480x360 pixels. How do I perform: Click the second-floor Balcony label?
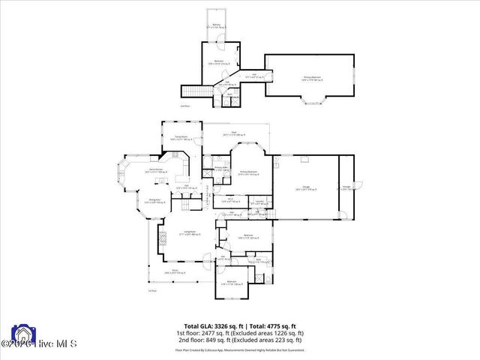pyautogui.click(x=217, y=25)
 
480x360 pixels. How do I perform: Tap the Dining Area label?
pyautogui.click(x=136, y=201)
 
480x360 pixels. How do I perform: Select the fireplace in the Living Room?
pyautogui.click(x=160, y=241)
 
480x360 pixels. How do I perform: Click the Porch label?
pyautogui.click(x=175, y=271)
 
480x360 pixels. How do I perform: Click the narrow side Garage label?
pyautogui.click(x=347, y=187)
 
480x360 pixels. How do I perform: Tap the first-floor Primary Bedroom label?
pyautogui.click(x=249, y=172)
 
